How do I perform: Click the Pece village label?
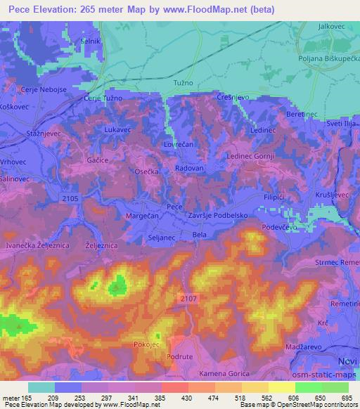pyautogui.click(x=174, y=207)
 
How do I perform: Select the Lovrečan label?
pyautogui.click(x=178, y=143)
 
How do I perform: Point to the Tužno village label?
pyautogui.click(x=183, y=84)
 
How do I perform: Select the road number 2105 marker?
pyautogui.click(x=69, y=200)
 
